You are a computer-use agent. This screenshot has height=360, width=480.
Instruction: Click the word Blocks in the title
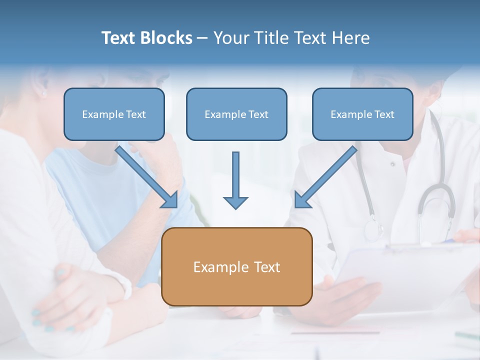pos(167,38)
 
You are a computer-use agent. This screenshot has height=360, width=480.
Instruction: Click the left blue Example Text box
pos(114,114)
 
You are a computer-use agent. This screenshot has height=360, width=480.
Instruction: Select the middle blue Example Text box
pos(236,114)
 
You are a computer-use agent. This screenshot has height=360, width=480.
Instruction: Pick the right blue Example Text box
pos(362,114)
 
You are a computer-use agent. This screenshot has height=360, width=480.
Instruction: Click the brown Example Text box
pos(237,267)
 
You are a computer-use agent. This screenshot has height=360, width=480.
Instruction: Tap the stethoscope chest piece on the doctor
pos(373,229)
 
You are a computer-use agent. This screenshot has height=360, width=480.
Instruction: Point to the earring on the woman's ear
pos(43,93)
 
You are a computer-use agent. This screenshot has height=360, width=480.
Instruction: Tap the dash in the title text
pos(202,38)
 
